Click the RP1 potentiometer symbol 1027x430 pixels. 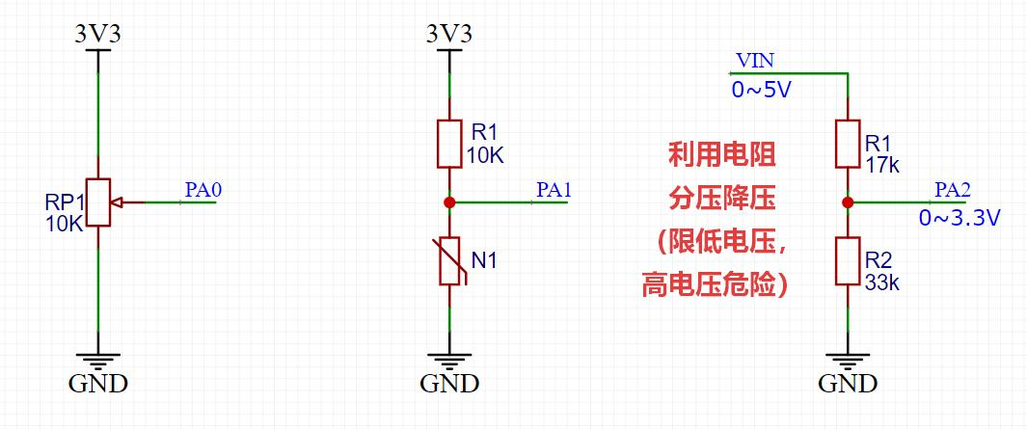coord(98,202)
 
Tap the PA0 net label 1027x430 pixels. coord(204,191)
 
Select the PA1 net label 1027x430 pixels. coord(554,191)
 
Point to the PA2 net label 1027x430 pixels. coord(953,191)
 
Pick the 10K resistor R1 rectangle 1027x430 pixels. coord(450,144)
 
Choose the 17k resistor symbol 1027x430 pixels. coord(849,144)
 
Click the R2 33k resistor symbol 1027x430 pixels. coord(849,261)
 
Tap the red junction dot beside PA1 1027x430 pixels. coord(449,202)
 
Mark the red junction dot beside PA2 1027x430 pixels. coord(848,202)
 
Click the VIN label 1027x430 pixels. coord(754,62)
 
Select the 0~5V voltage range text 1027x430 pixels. coord(762,90)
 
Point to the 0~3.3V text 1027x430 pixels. coord(959,219)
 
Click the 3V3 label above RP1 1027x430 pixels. coord(97,34)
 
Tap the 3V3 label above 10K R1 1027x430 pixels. coord(449,34)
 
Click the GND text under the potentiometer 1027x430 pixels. coord(98,384)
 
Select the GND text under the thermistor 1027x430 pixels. coord(450,384)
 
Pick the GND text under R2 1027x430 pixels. coord(848,384)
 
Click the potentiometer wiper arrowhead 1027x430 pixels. coord(117,202)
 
